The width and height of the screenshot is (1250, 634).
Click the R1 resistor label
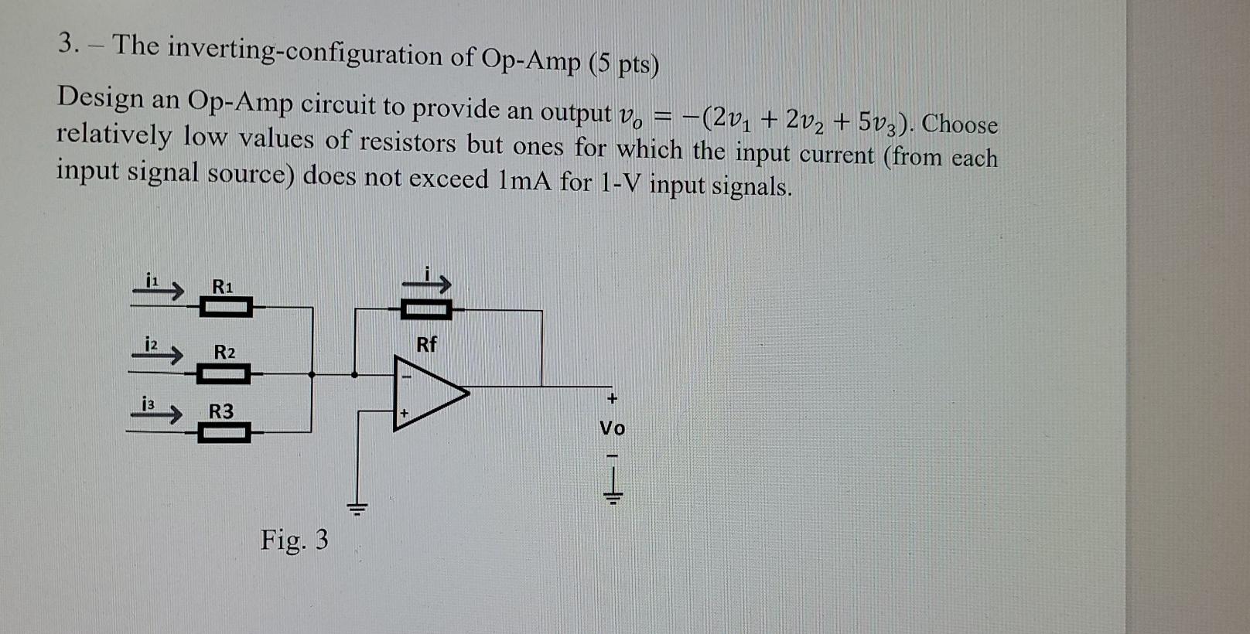222,286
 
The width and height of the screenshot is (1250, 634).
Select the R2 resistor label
224,353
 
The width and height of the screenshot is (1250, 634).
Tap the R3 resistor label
221,411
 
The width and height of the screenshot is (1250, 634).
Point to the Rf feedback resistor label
426,344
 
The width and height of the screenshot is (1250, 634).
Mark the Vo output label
613,428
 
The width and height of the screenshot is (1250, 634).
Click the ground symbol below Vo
613,492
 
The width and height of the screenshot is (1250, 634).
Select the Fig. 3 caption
294,539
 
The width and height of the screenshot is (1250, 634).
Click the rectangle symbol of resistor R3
224,433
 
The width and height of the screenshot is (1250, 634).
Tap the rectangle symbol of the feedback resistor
426,311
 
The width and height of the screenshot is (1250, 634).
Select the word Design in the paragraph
101,98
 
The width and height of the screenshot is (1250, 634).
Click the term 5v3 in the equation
882,122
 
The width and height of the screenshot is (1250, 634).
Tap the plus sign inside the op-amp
404,414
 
